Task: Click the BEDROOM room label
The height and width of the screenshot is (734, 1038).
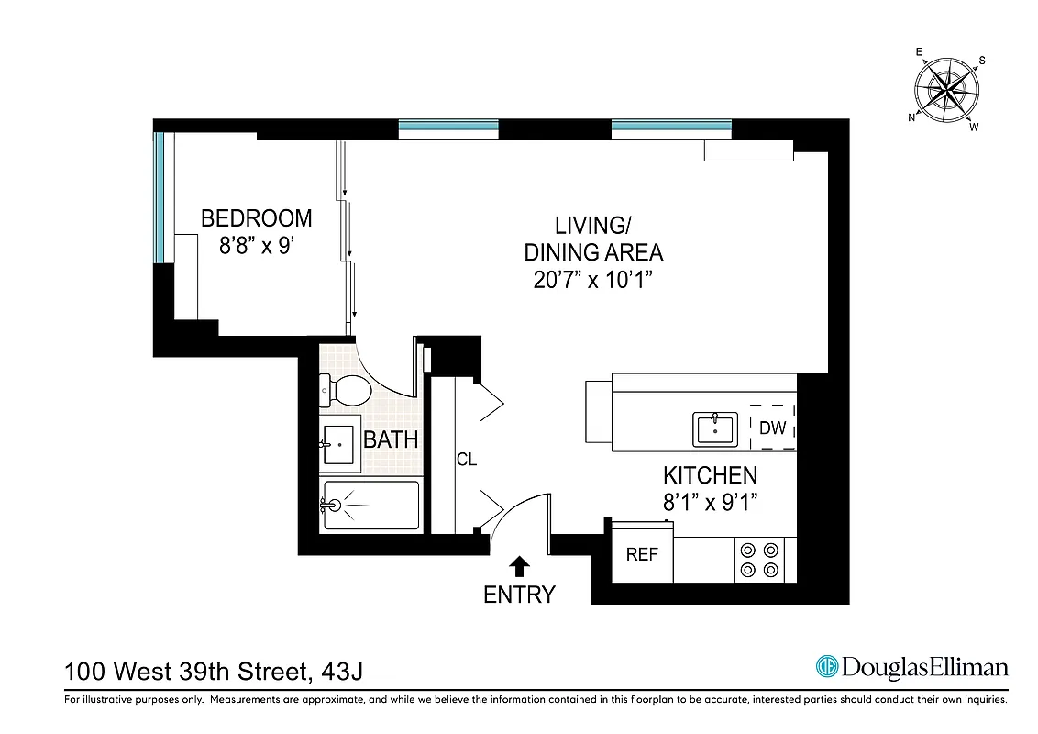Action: [x=256, y=218]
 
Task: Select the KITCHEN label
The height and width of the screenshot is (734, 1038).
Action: [x=710, y=475]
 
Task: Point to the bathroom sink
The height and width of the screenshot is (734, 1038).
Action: [x=340, y=445]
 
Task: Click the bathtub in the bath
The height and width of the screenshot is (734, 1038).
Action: [x=370, y=505]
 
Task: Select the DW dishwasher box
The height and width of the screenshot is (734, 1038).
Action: [x=772, y=428]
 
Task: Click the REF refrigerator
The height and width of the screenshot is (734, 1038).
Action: [x=642, y=554]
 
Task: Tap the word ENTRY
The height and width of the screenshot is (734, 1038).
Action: [x=519, y=595]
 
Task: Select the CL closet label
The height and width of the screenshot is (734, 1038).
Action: [x=467, y=460]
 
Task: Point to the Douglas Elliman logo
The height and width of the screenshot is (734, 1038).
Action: [x=911, y=667]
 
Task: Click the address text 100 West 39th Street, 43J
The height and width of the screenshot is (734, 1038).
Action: [x=214, y=672]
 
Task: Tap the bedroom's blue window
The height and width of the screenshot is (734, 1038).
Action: [x=159, y=197]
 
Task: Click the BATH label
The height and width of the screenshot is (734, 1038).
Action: [x=391, y=440]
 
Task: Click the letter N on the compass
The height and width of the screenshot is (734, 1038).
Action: [x=912, y=117]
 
